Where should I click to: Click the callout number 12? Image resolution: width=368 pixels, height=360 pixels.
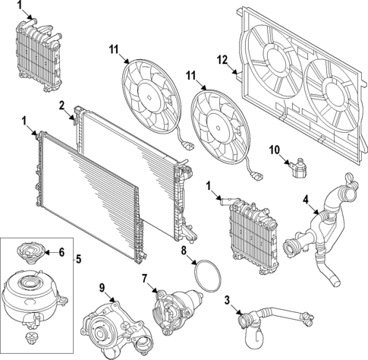pyautogui.click(x=222, y=60)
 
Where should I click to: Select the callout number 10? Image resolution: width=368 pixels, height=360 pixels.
pyautogui.click(x=275, y=150)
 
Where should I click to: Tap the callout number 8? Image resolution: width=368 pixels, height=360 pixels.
pyautogui.click(x=184, y=251)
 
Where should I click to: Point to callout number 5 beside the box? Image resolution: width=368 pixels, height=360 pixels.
pyautogui.click(x=79, y=259)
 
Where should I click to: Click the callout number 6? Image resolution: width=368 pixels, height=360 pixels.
pyautogui.click(x=61, y=252)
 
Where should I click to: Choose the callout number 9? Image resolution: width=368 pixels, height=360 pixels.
pyautogui.click(x=102, y=288)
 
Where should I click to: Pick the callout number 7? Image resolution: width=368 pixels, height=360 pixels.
pyautogui.click(x=144, y=279)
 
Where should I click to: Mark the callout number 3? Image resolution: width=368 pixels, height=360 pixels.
pyautogui.click(x=227, y=301)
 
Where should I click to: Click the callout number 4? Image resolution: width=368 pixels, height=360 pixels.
pyautogui.click(x=306, y=201)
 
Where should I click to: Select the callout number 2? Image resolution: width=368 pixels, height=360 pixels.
pyautogui.click(x=61, y=106)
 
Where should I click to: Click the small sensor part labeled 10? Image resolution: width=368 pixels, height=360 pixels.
pyautogui.click(x=298, y=168)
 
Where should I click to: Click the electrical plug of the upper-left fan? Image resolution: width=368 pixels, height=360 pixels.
pyautogui.click(x=189, y=147)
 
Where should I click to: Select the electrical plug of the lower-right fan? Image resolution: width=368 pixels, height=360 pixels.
pyautogui.click(x=257, y=176)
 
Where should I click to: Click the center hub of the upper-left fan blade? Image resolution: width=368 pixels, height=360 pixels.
pyautogui.click(x=149, y=97)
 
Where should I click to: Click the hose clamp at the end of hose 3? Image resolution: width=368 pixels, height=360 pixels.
pyautogui.click(x=307, y=318)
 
